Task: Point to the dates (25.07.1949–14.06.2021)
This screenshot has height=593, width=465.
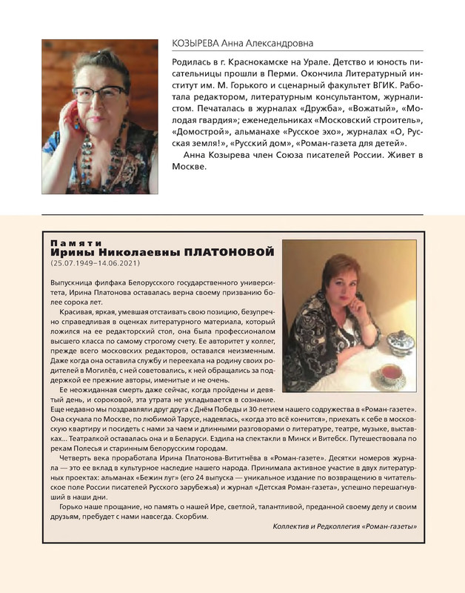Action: tap(94, 263)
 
